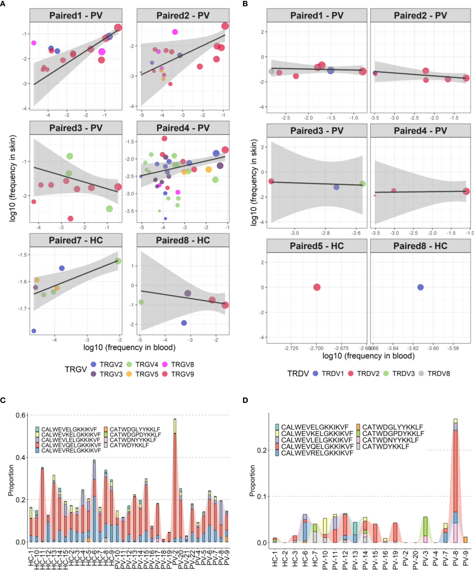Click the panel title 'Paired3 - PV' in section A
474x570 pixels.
click(x=76, y=128)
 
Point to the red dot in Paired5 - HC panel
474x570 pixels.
click(x=317, y=287)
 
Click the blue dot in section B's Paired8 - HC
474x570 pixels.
click(x=420, y=287)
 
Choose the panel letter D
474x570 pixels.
click(x=245, y=400)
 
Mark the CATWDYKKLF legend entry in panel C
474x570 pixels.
click(x=129, y=445)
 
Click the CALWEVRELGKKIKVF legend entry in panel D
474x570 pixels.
click(x=317, y=453)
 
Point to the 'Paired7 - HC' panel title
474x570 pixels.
click(x=76, y=240)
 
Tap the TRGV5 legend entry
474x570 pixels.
click(x=147, y=374)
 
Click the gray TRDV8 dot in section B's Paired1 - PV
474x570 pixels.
click(x=271, y=72)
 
